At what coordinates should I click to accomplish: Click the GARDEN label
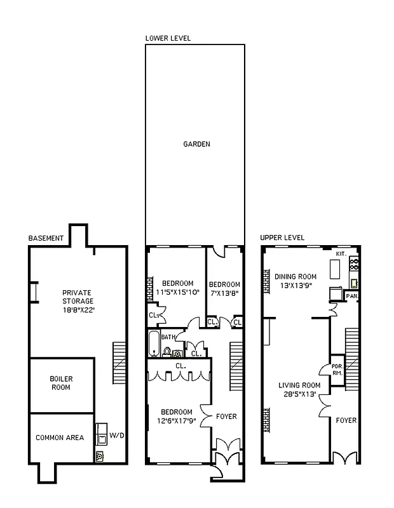pyautogui.click(x=196, y=144)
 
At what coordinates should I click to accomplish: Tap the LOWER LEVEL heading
pyautogui.click(x=168, y=38)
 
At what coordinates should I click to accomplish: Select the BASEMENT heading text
pyautogui.click(x=46, y=238)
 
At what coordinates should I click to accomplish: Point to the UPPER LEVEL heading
pyautogui.click(x=282, y=237)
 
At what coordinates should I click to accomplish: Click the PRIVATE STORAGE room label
pyautogui.click(x=77, y=301)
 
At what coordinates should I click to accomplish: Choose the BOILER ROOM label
pyautogui.click(x=61, y=383)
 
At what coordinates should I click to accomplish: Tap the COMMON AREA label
pyautogui.click(x=60, y=438)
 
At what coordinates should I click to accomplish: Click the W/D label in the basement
pyautogui.click(x=117, y=436)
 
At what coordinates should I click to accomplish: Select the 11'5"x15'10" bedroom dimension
pyautogui.click(x=177, y=292)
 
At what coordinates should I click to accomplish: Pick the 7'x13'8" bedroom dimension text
pyautogui.click(x=225, y=293)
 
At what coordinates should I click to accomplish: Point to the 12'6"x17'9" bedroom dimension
pyautogui.click(x=177, y=420)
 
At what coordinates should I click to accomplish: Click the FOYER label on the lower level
pyautogui.click(x=226, y=417)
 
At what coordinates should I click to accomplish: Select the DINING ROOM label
pyautogui.click(x=295, y=276)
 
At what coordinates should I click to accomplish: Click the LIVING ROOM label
pyautogui.click(x=299, y=385)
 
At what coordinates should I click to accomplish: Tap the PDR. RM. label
pyautogui.click(x=337, y=370)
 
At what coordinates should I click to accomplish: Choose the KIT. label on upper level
pyautogui.click(x=341, y=254)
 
